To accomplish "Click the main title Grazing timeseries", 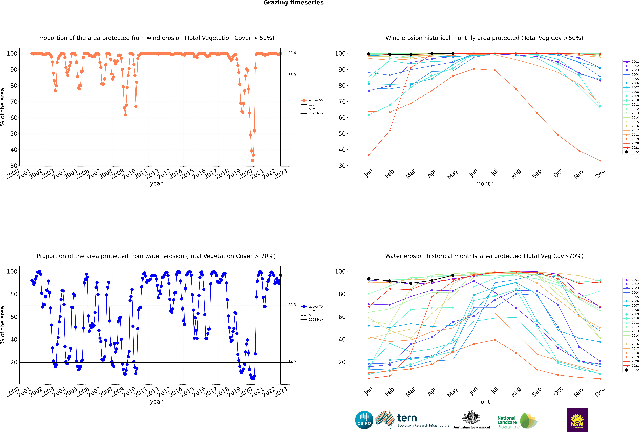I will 293,3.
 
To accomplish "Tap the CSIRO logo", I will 364,420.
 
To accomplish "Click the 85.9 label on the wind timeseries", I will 292,75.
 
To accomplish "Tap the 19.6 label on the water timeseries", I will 292,361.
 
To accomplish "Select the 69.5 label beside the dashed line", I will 292,305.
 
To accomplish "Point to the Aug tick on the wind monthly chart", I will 516,174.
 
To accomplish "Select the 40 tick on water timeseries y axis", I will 14,339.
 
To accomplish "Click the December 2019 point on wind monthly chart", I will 600,161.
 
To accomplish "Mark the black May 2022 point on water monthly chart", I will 453,275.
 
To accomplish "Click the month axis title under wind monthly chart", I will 484,184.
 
